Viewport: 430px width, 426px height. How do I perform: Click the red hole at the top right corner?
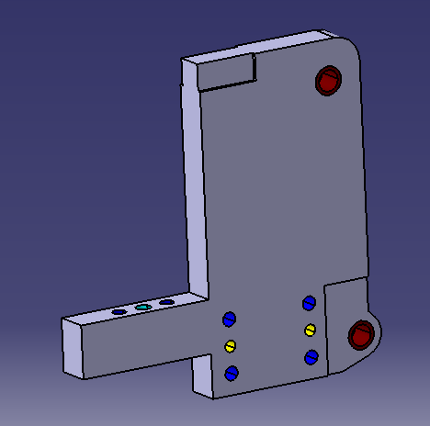(x=327, y=81)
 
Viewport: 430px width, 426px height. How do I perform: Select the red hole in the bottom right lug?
(x=359, y=336)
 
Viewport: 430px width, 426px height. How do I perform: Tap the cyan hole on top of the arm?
(x=142, y=307)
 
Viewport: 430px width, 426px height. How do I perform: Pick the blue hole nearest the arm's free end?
(x=119, y=312)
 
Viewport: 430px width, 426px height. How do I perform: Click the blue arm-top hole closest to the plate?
(x=166, y=302)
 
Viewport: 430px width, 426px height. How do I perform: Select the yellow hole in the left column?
(x=231, y=345)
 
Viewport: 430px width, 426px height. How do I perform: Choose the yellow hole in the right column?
(x=310, y=330)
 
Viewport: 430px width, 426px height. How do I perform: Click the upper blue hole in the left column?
(x=229, y=319)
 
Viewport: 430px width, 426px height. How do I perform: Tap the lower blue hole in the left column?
(x=231, y=372)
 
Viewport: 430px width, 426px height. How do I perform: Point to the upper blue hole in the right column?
(x=308, y=303)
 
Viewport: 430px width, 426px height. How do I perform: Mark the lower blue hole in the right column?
(x=311, y=356)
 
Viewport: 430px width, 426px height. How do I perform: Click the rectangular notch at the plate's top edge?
(x=226, y=73)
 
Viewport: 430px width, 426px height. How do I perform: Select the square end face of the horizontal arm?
(x=74, y=347)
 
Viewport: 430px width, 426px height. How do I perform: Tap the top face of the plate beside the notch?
(x=285, y=44)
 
